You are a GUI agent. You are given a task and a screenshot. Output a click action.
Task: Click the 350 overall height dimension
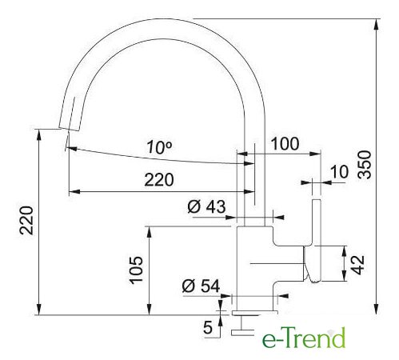pos(365,165)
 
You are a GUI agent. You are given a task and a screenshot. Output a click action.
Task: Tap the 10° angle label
pos(159,147)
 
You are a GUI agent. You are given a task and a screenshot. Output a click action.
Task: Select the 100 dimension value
pos(285,144)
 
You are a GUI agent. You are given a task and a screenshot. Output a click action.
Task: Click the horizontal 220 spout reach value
pos(159,180)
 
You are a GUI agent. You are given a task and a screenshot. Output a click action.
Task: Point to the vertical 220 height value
pos(26,220)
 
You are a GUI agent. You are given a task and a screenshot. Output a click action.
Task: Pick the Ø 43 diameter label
pos(206,206)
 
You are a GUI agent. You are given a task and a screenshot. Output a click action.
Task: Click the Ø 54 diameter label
pos(201,286)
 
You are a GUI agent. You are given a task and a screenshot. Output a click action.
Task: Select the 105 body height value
pos(136,270)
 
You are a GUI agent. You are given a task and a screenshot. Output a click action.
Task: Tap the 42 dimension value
pos(357,265)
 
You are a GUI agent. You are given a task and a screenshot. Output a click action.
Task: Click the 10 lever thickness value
pos(339,171)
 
